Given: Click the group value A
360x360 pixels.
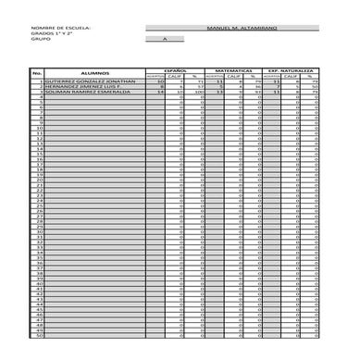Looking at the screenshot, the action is [165, 40].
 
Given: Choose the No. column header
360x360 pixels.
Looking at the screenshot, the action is [38, 72].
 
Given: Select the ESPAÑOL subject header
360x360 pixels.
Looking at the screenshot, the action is [176, 69].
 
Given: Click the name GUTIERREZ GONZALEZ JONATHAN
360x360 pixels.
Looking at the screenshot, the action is [90, 81].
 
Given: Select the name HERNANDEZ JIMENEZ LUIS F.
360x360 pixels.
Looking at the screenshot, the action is [85, 87].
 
